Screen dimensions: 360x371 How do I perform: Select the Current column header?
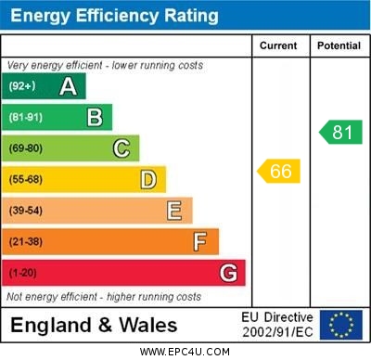click(278, 45)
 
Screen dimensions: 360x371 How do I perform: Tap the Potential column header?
click(339, 45)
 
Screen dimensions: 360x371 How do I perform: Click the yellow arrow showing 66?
click(278, 171)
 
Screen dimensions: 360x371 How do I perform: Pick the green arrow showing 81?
click(340, 132)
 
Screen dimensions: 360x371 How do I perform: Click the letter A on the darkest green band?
click(68, 86)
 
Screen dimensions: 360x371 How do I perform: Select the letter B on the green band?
click(95, 117)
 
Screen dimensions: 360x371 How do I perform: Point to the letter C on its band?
click(122, 148)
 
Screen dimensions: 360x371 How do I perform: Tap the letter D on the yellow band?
click(147, 179)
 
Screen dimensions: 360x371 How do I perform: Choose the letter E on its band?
click(174, 211)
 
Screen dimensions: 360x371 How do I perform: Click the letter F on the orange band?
click(200, 242)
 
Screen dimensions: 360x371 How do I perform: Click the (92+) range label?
click(23, 86)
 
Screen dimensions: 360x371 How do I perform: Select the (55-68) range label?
click(26, 179)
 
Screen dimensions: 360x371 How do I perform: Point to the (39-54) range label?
click(26, 211)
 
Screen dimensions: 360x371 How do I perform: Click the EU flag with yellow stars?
click(340, 325)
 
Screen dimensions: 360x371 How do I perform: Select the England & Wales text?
click(94, 326)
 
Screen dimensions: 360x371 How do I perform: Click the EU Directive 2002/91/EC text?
click(277, 325)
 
